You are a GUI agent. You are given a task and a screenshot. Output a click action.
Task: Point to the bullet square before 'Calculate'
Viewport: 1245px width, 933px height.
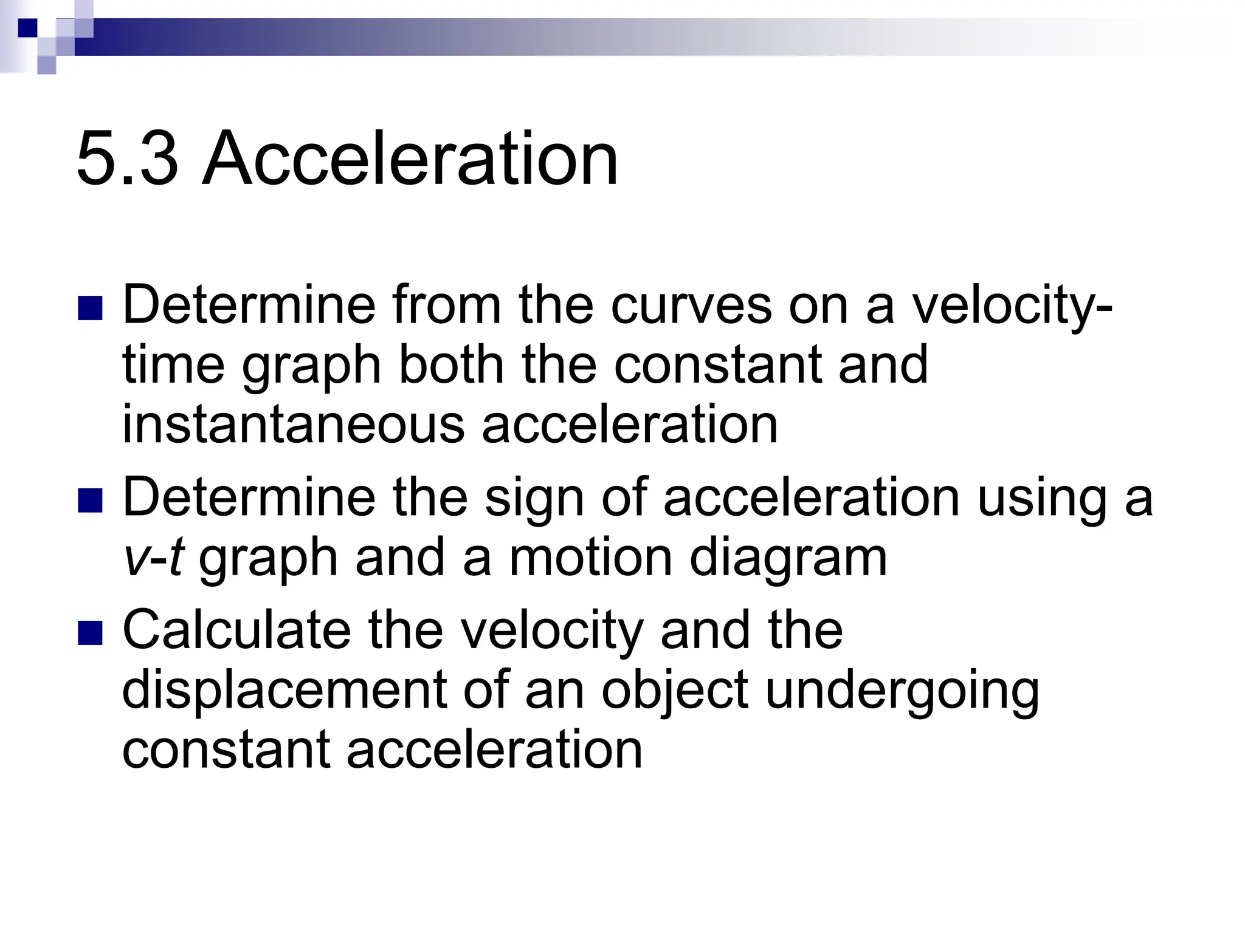click(90, 632)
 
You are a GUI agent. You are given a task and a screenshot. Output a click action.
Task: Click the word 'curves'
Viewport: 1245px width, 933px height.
click(691, 306)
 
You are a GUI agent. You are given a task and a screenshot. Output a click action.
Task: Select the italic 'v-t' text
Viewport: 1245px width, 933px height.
click(153, 558)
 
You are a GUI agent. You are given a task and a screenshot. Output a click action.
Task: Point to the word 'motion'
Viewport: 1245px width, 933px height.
click(590, 558)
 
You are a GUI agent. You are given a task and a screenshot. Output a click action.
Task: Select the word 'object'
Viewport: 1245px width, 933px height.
click(675, 692)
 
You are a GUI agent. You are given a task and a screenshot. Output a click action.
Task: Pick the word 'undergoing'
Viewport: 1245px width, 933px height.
click(902, 692)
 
